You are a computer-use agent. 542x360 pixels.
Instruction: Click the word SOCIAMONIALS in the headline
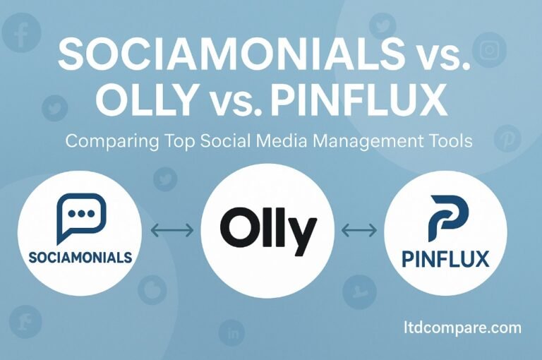[x=231, y=54]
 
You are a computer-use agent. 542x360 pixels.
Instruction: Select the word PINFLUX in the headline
[x=358, y=100]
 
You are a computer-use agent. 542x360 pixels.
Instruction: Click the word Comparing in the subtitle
[x=112, y=142]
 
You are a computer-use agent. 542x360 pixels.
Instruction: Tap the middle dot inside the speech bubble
[x=82, y=214]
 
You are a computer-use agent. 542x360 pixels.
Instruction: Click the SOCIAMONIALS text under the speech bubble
[x=80, y=257]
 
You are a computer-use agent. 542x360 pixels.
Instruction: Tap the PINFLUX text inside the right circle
[x=446, y=259]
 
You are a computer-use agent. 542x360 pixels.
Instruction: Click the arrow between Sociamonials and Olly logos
[x=172, y=230]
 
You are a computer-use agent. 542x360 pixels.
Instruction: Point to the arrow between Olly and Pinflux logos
[x=359, y=230]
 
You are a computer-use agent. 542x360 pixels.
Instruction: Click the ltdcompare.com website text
[x=462, y=328]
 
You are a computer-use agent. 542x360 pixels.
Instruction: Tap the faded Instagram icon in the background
[x=489, y=51]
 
